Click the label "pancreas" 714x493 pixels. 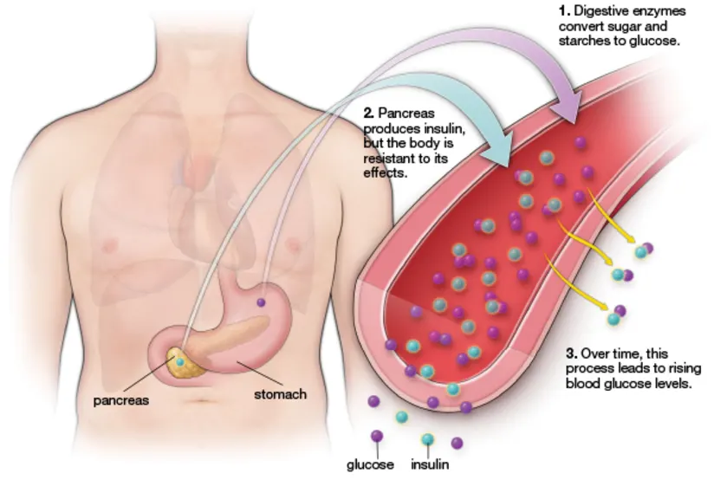tap(120, 401)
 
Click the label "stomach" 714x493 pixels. tap(280, 394)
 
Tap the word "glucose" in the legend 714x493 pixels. tap(370, 464)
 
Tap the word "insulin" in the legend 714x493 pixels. tap(430, 464)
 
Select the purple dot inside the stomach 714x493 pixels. tap(261, 302)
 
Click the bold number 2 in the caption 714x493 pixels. tap(368, 113)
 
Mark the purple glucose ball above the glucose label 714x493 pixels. tap(377, 436)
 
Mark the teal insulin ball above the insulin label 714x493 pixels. tap(427, 439)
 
